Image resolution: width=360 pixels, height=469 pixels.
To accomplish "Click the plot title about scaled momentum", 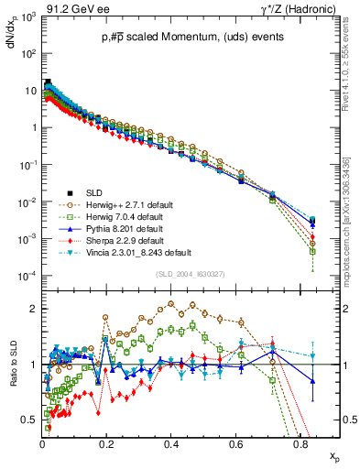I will pyautogui.click(x=180, y=36).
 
